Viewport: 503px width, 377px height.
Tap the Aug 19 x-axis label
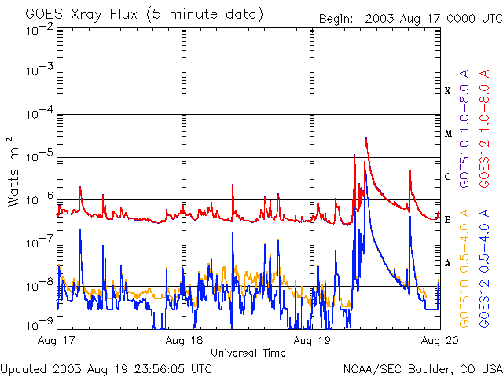pyautogui.click(x=312, y=341)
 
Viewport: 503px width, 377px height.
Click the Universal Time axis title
pyautogui.click(x=248, y=353)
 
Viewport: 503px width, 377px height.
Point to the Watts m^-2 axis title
pyautogui.click(x=15, y=171)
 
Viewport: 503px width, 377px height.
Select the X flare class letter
pyautogui.click(x=448, y=91)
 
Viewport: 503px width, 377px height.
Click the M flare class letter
pyautogui.click(x=448, y=134)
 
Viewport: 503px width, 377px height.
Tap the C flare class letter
pyautogui.click(x=448, y=177)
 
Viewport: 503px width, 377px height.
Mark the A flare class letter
pyautogui.click(x=448, y=263)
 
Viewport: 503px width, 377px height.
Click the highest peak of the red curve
pyautogui.click(x=366, y=139)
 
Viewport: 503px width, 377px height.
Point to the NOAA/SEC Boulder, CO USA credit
pyautogui.click(x=422, y=368)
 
